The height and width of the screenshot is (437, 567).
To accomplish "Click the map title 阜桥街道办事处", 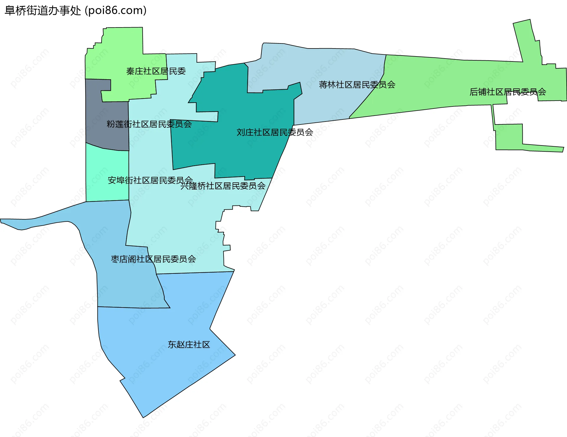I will [43, 11].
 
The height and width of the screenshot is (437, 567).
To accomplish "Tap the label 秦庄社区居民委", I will [156, 71].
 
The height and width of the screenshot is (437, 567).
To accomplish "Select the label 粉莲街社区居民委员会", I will [149, 124].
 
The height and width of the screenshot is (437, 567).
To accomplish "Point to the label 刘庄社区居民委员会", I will [275, 132].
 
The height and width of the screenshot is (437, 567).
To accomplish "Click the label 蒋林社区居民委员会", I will [357, 85].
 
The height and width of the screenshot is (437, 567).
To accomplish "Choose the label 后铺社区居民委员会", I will [508, 92].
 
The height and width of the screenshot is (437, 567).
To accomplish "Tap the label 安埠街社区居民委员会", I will [150, 180].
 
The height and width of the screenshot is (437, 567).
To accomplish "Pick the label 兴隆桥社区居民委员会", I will [223, 186].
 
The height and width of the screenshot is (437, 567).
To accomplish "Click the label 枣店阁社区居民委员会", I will [153, 259].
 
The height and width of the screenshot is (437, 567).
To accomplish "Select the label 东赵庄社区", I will [189, 344].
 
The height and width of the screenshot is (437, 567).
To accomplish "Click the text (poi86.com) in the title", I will [116, 11].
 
